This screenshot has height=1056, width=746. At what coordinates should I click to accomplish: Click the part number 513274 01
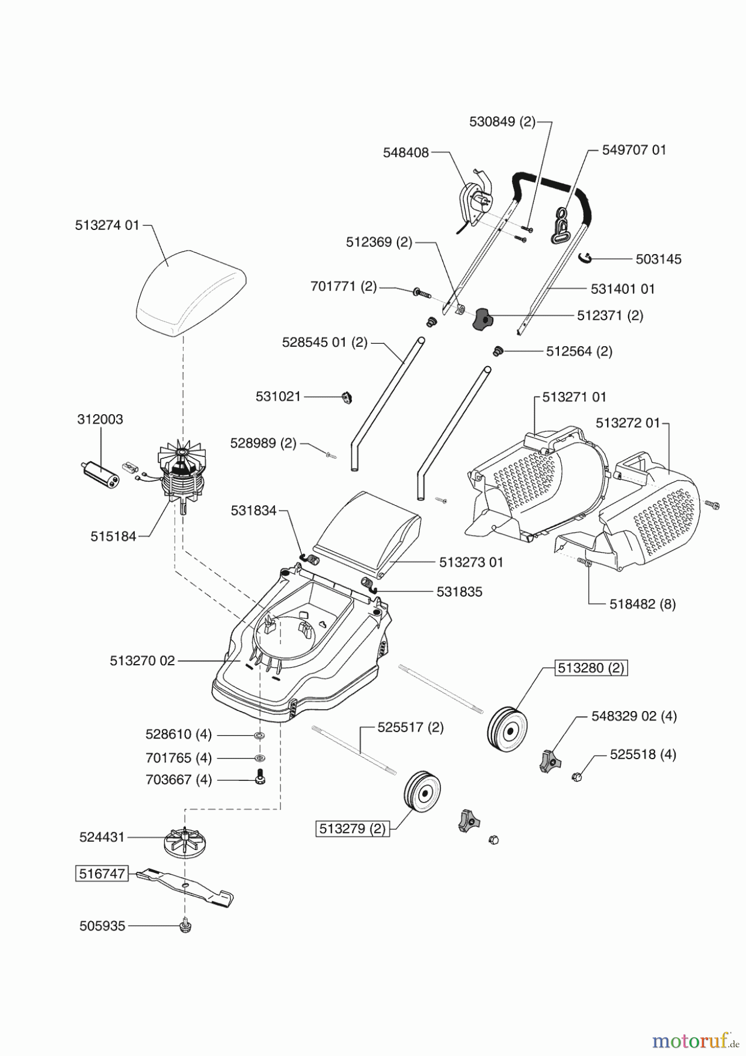click(107, 225)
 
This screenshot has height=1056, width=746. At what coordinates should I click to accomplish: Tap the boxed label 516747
click(102, 874)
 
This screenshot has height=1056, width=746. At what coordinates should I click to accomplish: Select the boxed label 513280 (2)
click(591, 668)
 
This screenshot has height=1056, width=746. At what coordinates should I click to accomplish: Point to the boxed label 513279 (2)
click(352, 829)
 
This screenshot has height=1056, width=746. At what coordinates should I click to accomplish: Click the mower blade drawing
click(185, 886)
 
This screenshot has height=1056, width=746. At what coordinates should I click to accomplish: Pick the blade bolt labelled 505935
click(185, 926)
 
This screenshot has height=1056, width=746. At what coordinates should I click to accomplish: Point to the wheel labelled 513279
click(422, 791)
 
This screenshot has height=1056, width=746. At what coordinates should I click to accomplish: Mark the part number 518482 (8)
click(642, 604)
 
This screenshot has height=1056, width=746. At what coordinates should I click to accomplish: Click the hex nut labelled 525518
click(577, 778)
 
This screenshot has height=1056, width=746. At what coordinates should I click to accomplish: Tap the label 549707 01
click(634, 150)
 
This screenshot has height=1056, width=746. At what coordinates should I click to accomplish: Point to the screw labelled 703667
click(259, 779)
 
